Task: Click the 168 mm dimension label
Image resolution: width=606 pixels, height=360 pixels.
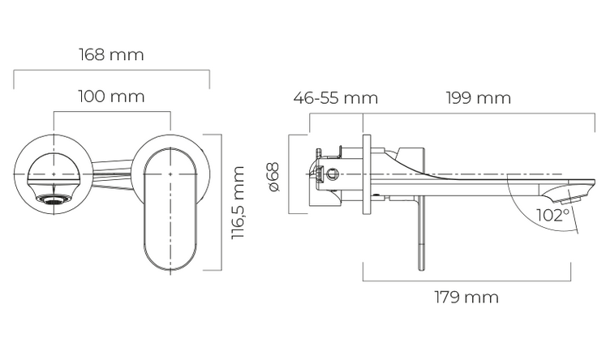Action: [x=111, y=54]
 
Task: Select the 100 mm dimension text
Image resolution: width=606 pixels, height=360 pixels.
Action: [x=111, y=96]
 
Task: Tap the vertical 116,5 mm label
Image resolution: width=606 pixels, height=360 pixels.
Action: [x=238, y=203]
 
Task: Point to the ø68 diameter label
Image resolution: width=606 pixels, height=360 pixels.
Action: [x=273, y=177]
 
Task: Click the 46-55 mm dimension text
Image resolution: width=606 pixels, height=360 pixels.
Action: [x=336, y=98]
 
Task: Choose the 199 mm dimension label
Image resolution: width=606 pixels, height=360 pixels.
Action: [x=479, y=98]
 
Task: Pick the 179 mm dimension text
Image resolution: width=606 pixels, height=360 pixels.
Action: [x=466, y=297]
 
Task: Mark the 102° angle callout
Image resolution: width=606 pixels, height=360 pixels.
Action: [x=552, y=215]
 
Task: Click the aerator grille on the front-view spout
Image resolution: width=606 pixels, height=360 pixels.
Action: [x=54, y=199]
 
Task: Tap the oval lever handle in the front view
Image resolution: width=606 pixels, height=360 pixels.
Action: [x=170, y=210]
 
